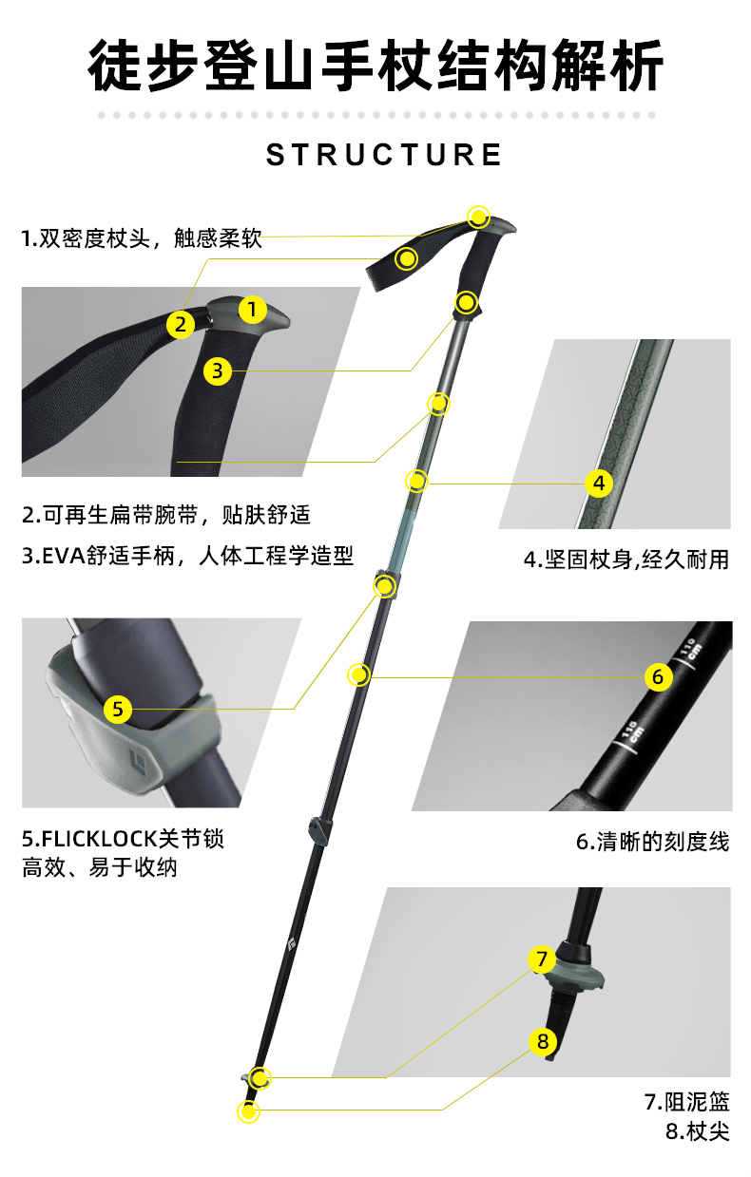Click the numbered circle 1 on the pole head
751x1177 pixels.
click(252, 309)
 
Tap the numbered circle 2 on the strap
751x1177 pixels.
click(180, 324)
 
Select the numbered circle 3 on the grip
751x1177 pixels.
click(218, 370)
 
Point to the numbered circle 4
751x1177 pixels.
click(598, 483)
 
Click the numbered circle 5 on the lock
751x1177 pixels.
click(118, 708)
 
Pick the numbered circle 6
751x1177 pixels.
click(658, 677)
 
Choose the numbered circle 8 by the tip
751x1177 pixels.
click(542, 1041)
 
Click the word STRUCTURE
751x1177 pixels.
click(384, 155)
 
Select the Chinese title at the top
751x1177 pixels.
click(375, 66)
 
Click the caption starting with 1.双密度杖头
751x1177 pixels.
click(142, 238)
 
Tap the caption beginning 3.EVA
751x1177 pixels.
click(187, 556)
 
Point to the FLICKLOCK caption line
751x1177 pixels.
click(124, 840)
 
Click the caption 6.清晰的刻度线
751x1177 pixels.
click(652, 842)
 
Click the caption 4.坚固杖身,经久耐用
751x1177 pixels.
click(626, 560)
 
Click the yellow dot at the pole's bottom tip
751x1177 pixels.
click(248, 1111)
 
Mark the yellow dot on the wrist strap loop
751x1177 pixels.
click(407, 257)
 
